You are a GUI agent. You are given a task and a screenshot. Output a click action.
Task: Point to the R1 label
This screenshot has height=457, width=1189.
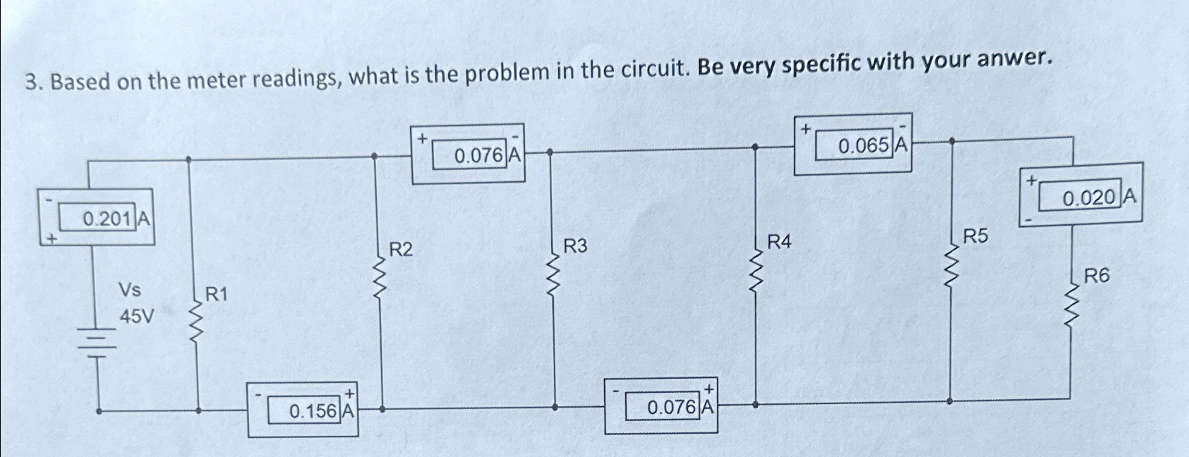pos(217,294)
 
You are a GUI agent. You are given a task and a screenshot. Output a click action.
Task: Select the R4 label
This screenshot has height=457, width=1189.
pos(780,242)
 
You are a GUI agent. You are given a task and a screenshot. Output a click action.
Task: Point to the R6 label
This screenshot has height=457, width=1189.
pos(1097,276)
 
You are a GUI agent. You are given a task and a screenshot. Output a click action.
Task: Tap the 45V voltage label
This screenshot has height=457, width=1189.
pos(136,317)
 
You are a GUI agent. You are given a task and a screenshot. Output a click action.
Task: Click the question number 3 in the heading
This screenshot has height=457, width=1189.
pos(31,83)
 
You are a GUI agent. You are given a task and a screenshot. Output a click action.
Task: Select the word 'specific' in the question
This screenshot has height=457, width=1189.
pos(822,64)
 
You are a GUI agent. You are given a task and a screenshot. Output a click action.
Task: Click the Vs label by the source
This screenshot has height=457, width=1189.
pos(130,289)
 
